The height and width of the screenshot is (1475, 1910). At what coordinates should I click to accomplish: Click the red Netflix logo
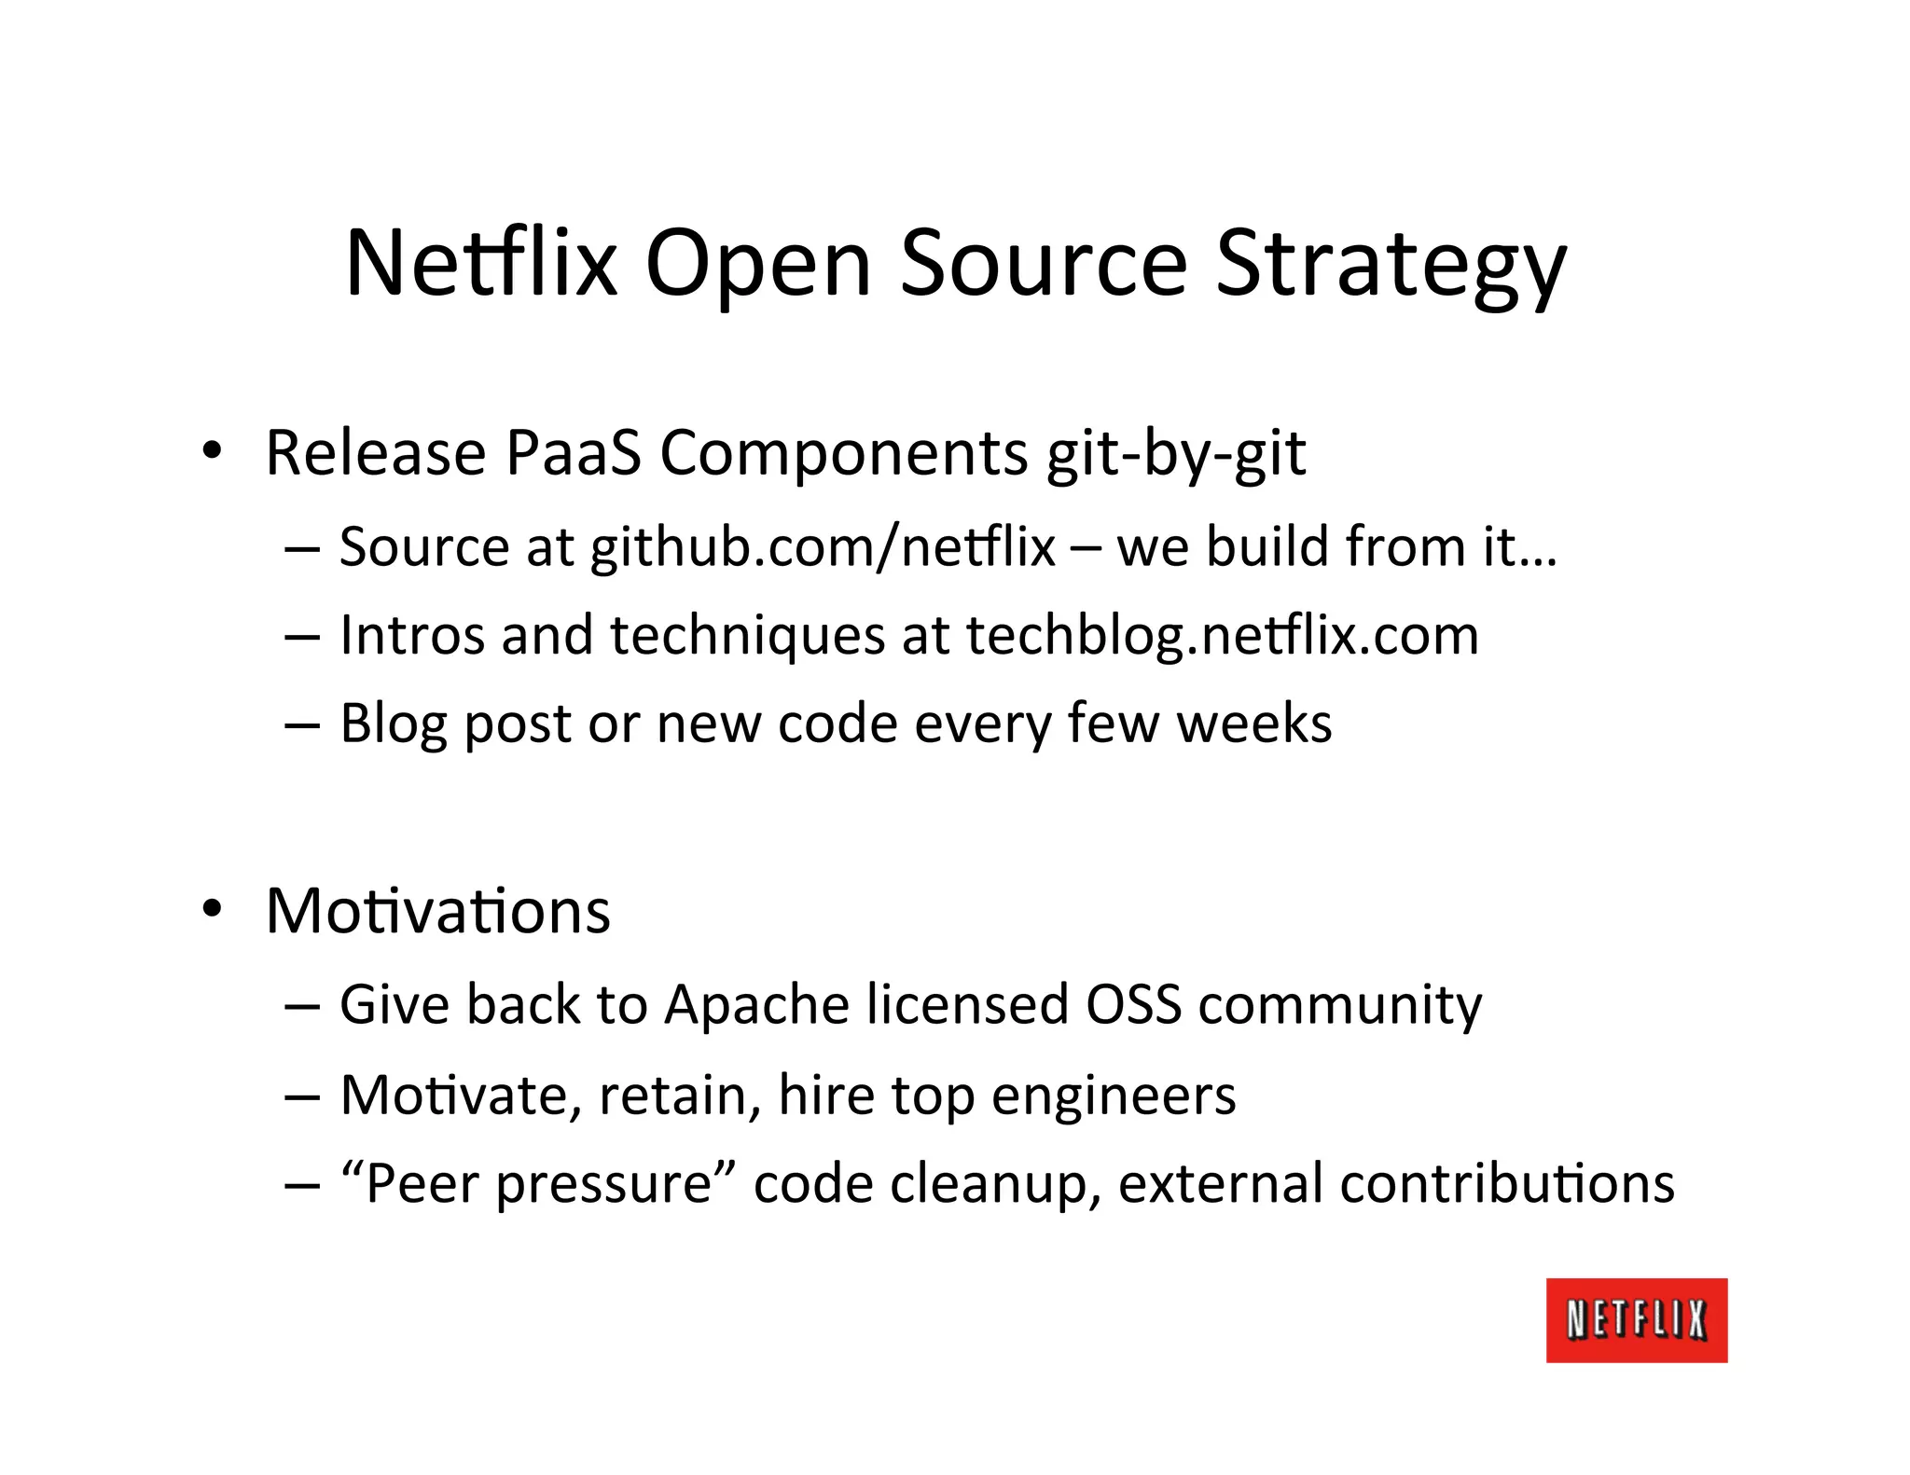coord(1636,1319)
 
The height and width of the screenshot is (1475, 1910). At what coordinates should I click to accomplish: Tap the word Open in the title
coord(758,264)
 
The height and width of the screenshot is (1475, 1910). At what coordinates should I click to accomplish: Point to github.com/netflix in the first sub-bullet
coord(823,547)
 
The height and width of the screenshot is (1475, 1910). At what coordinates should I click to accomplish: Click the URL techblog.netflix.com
coord(1222,636)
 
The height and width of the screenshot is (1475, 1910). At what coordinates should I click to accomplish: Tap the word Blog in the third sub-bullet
coord(394,724)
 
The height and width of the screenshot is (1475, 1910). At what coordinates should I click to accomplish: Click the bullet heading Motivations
coord(437,911)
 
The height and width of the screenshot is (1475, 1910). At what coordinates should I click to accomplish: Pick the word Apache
coord(756,1005)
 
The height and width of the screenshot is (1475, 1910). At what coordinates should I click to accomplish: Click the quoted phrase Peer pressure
coord(538,1184)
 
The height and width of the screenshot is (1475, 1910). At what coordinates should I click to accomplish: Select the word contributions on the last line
coord(1506,1184)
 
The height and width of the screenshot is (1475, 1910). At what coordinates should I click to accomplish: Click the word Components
coord(843,455)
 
